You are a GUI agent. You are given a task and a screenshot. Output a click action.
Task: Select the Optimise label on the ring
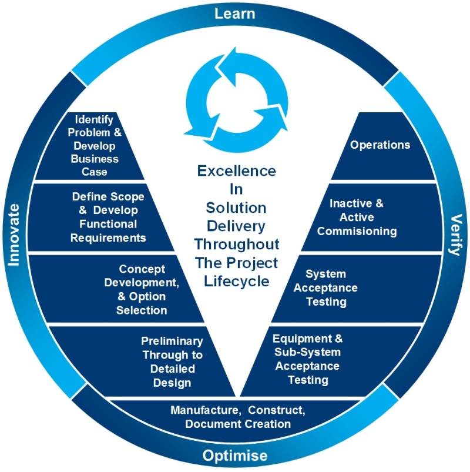pyautogui.click(x=235, y=456)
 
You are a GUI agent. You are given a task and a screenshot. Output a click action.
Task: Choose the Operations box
pyautogui.click(x=380, y=145)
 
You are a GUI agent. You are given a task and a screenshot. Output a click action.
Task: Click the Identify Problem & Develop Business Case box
pyautogui.click(x=94, y=146)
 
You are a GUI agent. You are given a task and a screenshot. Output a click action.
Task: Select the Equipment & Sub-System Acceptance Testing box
pyautogui.click(x=308, y=359)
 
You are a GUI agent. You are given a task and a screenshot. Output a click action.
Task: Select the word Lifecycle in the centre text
pyautogui.click(x=236, y=280)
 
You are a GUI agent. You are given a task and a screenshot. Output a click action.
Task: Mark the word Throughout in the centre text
pyautogui.click(x=236, y=243)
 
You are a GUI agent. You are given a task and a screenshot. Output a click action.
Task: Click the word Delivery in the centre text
pyautogui.click(x=236, y=225)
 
